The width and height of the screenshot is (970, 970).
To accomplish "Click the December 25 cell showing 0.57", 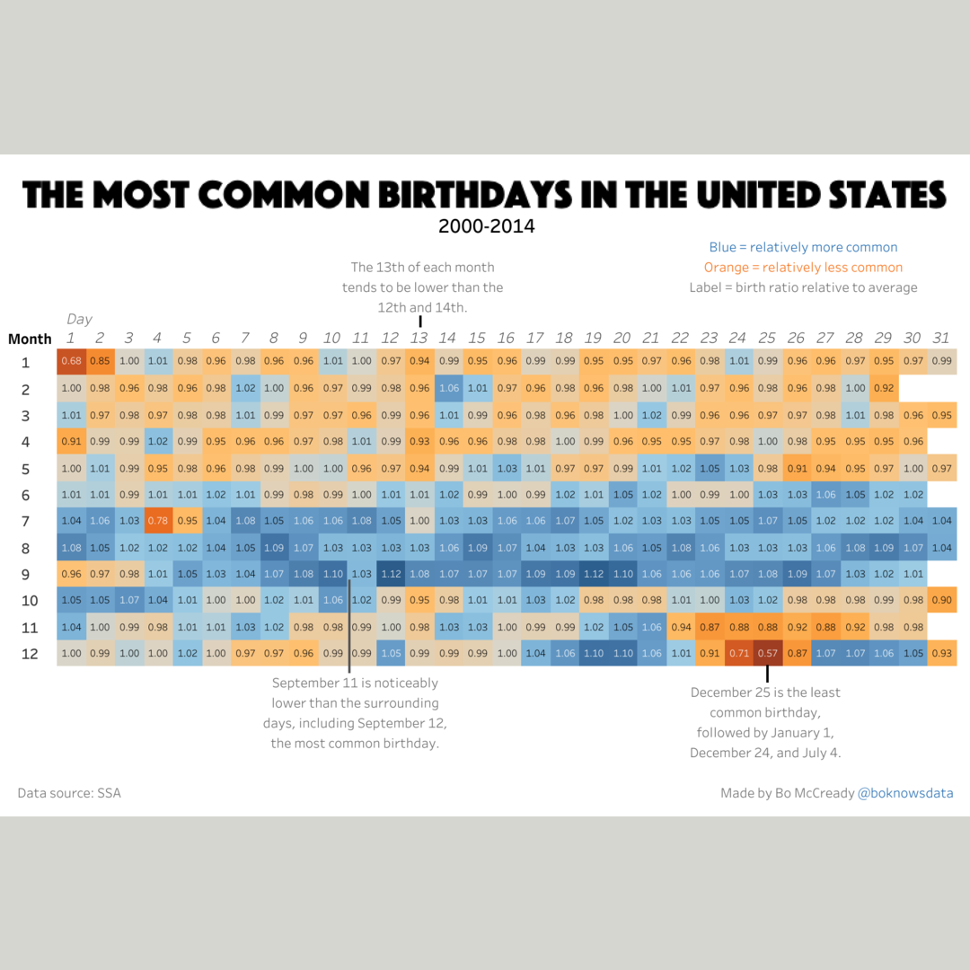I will pos(767,654).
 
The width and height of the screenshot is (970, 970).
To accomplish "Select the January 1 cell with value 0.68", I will pos(71,361).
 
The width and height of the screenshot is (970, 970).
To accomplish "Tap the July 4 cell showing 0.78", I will pos(157,521).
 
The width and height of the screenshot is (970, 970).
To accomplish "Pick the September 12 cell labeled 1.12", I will pos(390,574).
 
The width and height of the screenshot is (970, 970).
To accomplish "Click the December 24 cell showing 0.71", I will pos(738,654).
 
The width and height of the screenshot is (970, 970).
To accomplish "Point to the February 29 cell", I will pos(883,388).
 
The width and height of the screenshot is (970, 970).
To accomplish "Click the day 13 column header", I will pos(419,339).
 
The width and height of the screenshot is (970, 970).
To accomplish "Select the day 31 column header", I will pos(941,339).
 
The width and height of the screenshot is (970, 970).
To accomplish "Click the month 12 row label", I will pos(30,654).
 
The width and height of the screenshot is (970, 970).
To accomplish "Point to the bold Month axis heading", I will pos(30,339).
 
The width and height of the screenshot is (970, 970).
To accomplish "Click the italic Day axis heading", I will pos(79,319).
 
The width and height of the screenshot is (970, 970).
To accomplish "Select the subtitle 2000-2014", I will pos(486,226).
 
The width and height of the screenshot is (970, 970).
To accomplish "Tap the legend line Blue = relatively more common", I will pos(803,247).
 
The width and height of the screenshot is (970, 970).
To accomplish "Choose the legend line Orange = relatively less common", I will pos(803,268).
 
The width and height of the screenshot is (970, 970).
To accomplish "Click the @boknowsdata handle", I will pos(905,793).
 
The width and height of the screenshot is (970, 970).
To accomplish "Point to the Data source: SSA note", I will pos(69,793).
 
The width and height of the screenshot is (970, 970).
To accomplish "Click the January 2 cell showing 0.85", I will pos(100,361).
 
